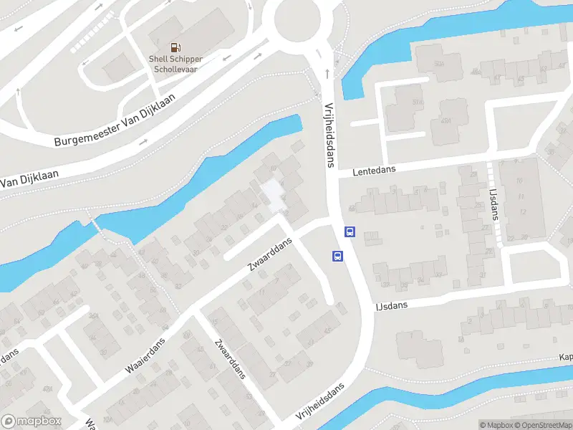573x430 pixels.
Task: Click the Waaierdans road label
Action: click(145, 356)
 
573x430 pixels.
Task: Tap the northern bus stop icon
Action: click(350, 231)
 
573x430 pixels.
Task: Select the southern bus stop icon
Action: click(337, 256)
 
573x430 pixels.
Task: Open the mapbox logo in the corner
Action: click(31, 421)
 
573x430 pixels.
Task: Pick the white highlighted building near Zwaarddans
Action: click(271, 195)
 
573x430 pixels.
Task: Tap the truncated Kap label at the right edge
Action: click(566, 357)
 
